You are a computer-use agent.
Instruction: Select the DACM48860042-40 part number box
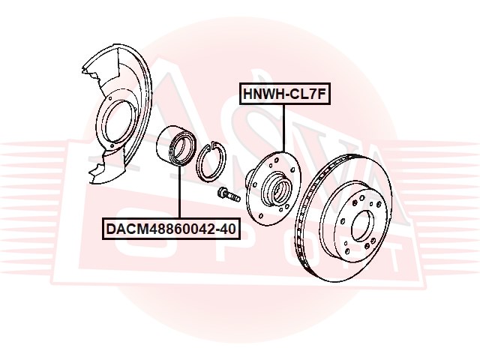tap(171, 228)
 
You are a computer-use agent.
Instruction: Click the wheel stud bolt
tap(228, 195)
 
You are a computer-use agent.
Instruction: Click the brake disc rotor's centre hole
tap(363, 226)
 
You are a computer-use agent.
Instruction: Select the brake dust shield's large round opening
tap(119, 121)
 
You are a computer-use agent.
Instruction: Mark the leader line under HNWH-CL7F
tap(283, 128)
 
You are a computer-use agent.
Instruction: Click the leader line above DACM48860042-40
tap(178, 193)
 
